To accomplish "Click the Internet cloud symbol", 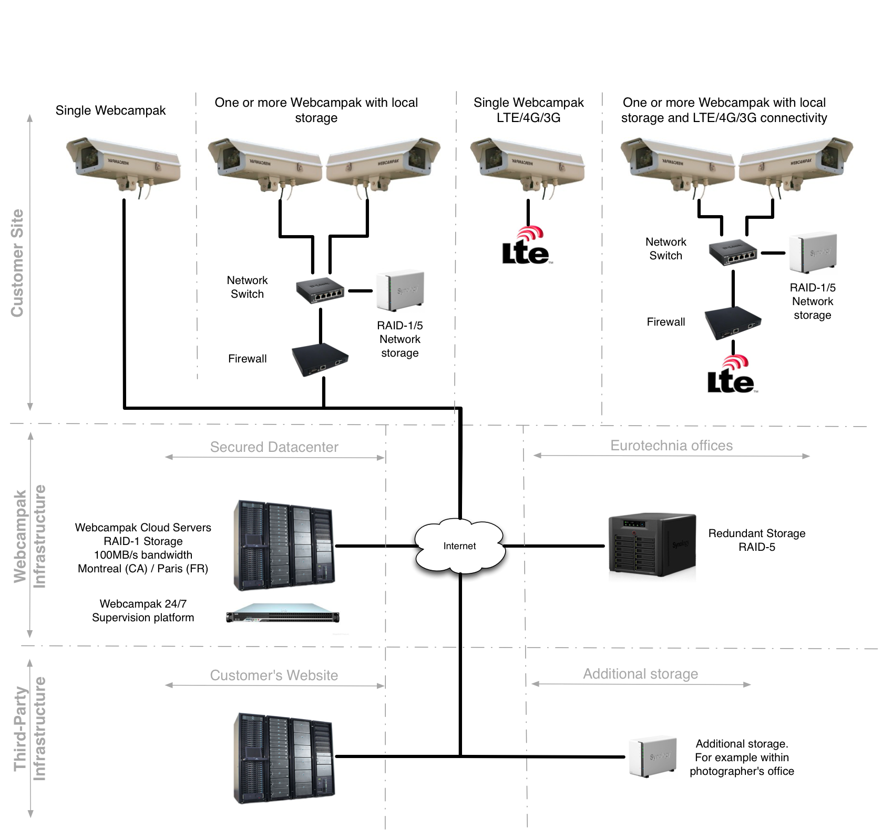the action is [x=460, y=546].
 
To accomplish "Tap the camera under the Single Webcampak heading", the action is [x=124, y=167].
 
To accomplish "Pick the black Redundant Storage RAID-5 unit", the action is [x=652, y=545].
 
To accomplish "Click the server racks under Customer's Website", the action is [x=284, y=758].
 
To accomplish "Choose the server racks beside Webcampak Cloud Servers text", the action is [x=284, y=546].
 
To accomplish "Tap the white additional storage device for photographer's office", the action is [x=652, y=757].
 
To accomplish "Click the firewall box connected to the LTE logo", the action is [x=733, y=323].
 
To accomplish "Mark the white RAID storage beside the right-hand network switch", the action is [x=813, y=254].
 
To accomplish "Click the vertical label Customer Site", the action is [x=17, y=263].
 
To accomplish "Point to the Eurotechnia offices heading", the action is [x=671, y=446].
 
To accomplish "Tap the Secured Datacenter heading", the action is [x=274, y=447].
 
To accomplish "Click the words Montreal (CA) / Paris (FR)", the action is [x=143, y=569].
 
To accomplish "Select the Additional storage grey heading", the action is [x=640, y=674].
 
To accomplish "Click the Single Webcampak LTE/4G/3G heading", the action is [x=528, y=110].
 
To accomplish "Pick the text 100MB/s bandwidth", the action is [x=143, y=555].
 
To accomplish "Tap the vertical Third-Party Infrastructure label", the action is [x=29, y=729].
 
